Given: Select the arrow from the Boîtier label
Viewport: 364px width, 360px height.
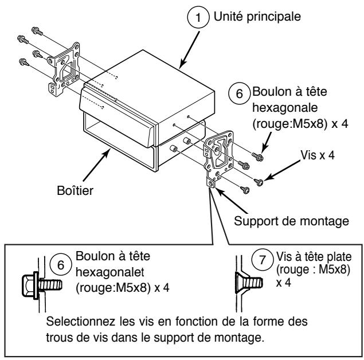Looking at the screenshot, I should (x=96, y=165).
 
